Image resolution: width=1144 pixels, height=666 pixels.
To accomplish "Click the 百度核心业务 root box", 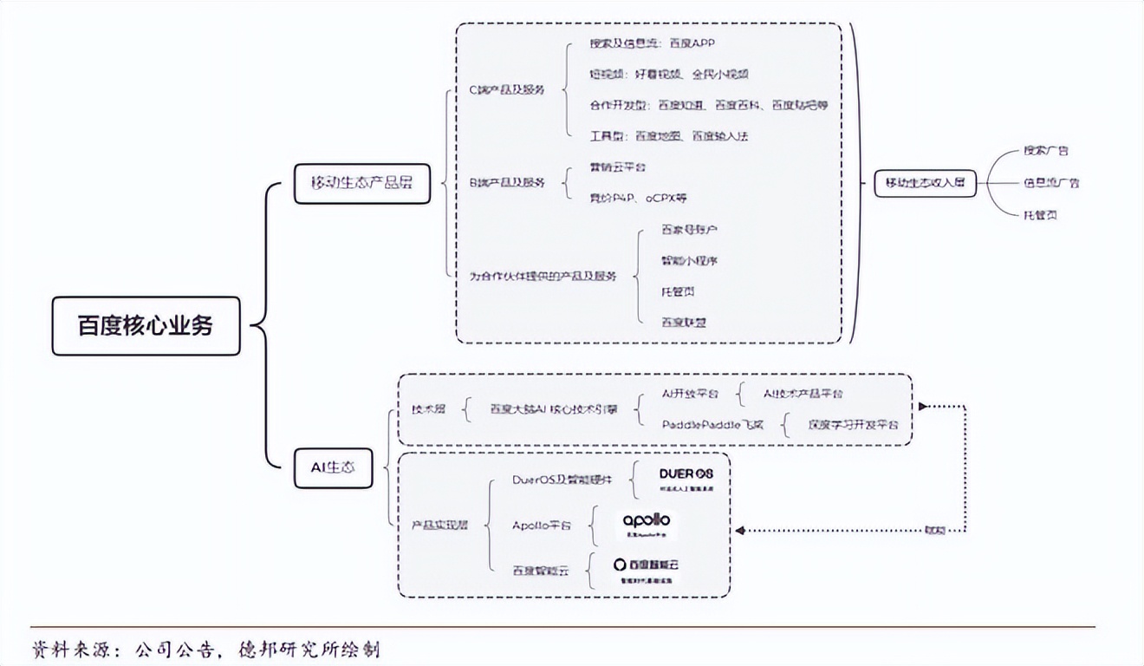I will point(146,326).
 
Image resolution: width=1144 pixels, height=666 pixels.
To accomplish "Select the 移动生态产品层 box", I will point(362,183).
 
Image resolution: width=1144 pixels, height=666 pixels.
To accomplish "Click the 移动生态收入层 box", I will point(925,183).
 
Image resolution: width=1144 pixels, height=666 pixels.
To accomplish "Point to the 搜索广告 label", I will point(1045,150).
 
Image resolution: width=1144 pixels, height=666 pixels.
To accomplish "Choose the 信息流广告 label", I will point(1050,183).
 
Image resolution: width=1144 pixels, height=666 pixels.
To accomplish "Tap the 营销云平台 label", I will point(617,166).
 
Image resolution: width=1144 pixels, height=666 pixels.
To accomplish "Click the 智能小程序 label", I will point(689,260).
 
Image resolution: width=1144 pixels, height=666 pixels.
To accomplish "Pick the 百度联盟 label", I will point(683,322).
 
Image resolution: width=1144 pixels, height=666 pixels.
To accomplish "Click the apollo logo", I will point(647,523).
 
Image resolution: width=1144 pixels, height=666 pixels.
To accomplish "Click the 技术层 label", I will point(428,408).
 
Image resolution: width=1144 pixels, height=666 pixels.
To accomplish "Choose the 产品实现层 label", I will point(439,526).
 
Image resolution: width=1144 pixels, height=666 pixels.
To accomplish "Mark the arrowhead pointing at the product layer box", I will point(738,530).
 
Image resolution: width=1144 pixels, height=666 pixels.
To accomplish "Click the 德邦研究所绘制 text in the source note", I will point(309,649).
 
